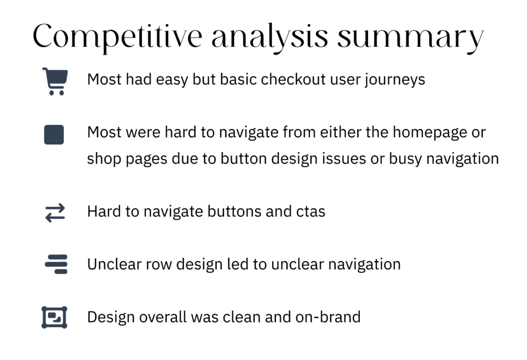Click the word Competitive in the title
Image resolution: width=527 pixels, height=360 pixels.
pyautogui.click(x=117, y=37)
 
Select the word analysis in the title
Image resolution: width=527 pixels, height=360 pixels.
pyautogui.click(x=270, y=37)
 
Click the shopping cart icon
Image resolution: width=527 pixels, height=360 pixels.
pyautogui.click(x=55, y=82)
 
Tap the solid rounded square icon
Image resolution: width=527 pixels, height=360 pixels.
pyautogui.click(x=54, y=135)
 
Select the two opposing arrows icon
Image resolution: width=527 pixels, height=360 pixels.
pyautogui.click(x=55, y=213)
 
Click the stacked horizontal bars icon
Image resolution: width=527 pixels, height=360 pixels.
pyautogui.click(x=56, y=264)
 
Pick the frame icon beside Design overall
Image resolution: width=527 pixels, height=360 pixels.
pyautogui.click(x=55, y=317)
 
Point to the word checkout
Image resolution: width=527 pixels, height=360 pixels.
pyautogui.click(x=293, y=80)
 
